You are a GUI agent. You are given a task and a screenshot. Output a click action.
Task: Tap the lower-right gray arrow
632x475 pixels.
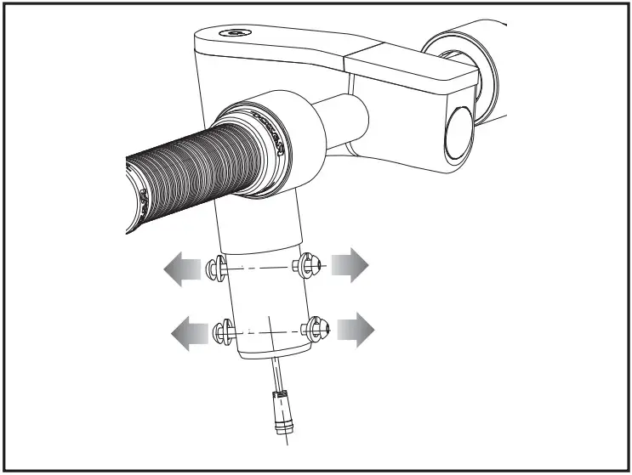coord(355,329)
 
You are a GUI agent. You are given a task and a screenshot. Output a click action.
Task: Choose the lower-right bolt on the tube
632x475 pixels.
coord(317,327)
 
